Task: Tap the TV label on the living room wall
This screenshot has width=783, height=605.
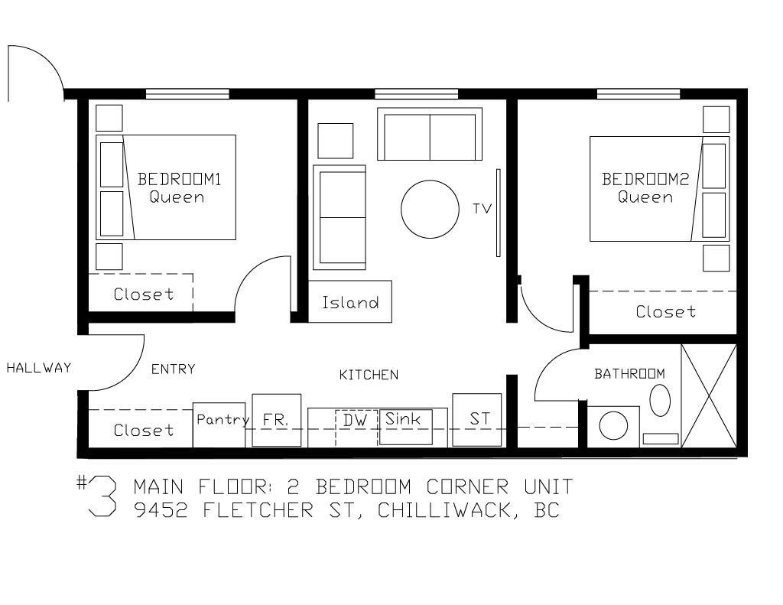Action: (482, 208)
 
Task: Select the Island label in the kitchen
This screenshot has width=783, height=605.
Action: (350, 302)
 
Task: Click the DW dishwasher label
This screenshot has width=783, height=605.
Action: (355, 420)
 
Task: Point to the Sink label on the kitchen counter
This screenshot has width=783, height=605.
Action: (402, 418)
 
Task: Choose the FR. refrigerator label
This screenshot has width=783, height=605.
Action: (275, 420)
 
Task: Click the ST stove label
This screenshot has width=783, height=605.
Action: (479, 418)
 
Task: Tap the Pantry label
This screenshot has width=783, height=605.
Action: (223, 420)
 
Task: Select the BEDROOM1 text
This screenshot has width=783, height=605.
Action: (179, 179)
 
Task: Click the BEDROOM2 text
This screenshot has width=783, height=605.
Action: (645, 179)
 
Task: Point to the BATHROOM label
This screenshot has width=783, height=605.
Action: (629, 374)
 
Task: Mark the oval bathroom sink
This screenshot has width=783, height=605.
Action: (660, 400)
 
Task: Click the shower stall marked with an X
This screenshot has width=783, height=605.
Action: (709, 395)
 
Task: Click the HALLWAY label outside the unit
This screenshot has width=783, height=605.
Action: (38, 368)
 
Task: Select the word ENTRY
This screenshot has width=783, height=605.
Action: (173, 369)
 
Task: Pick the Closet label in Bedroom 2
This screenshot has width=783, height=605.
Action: (666, 312)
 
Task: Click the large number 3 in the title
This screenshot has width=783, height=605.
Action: (102, 496)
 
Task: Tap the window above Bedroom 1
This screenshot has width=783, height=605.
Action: (187, 94)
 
